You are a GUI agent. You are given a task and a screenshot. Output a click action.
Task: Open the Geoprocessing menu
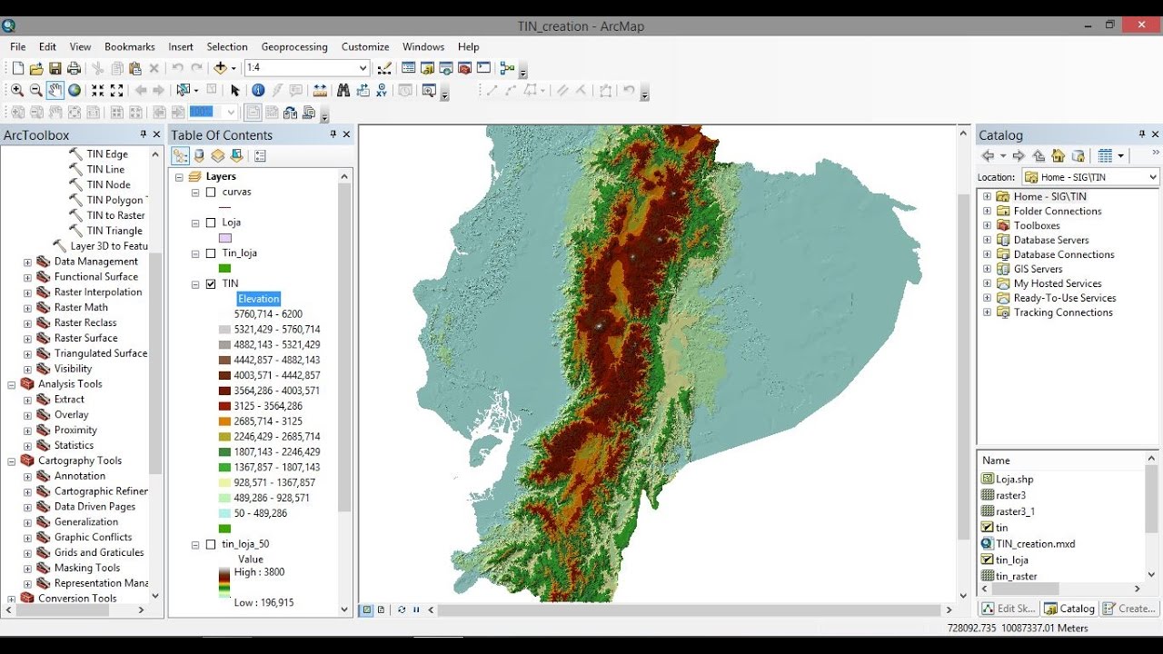tap(293, 46)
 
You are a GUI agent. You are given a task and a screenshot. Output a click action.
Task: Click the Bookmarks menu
tap(129, 46)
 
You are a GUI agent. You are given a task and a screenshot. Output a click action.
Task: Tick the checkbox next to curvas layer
tap(212, 193)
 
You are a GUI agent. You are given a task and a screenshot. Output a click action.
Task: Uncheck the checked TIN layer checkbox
tap(212, 284)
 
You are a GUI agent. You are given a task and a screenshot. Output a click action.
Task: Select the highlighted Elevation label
tap(259, 299)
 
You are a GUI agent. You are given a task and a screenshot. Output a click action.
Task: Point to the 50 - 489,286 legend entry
tap(260, 513)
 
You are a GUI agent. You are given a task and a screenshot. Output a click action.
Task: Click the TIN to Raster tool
tap(115, 215)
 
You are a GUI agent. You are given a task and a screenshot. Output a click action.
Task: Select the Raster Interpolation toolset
tap(98, 292)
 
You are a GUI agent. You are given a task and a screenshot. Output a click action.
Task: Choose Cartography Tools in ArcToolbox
tap(80, 461)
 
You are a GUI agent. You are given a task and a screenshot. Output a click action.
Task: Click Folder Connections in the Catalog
tap(1058, 211)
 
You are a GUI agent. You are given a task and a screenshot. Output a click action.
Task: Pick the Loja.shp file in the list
tap(1014, 479)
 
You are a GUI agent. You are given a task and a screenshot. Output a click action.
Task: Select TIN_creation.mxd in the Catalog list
tap(1035, 544)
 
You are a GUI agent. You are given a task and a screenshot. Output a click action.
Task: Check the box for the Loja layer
tap(212, 223)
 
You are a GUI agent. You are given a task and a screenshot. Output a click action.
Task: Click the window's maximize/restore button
tap(1110, 25)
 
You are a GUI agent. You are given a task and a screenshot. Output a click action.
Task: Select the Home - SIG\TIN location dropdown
tap(1090, 177)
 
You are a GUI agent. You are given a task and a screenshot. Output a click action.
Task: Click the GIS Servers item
tap(1038, 269)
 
